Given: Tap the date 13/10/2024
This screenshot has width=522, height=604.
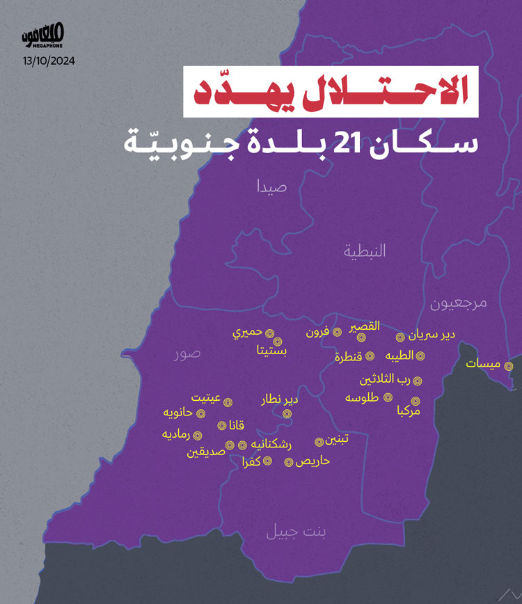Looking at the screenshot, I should [49, 61].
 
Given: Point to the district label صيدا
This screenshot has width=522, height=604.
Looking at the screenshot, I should [272, 186].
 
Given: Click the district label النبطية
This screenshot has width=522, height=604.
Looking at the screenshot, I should [364, 251].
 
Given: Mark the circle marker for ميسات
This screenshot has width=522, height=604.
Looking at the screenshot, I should [509, 366].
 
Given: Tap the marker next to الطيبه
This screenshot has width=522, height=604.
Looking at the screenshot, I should [421, 356].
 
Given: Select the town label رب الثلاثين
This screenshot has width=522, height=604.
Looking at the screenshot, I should [386, 380].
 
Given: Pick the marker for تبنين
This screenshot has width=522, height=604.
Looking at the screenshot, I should [319, 441].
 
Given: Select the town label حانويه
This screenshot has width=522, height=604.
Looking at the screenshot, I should [177, 413].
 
